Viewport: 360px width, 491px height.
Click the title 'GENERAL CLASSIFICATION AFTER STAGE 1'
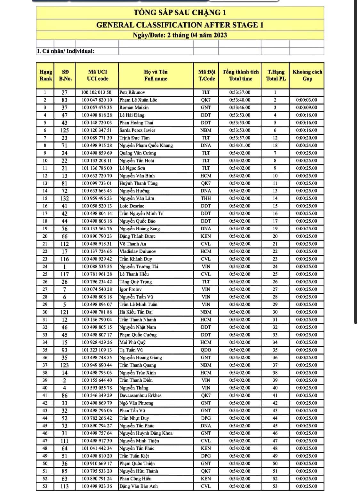(x=180, y=25)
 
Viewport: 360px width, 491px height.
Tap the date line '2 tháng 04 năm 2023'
(x=180, y=35)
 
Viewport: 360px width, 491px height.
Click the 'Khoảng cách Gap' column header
(x=307, y=75)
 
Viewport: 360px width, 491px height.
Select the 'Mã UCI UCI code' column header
(x=97, y=75)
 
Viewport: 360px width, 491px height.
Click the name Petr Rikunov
(x=132, y=92)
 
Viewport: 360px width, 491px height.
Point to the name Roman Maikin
(x=134, y=107)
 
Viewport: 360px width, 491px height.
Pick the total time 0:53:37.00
(x=240, y=92)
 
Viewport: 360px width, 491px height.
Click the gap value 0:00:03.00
(x=306, y=100)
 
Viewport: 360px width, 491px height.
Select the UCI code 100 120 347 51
(x=97, y=130)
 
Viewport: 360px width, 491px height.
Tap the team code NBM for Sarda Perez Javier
(x=206, y=130)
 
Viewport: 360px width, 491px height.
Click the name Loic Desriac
(x=132, y=206)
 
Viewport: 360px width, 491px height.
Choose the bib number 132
(x=64, y=198)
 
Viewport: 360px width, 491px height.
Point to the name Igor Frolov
(x=130, y=289)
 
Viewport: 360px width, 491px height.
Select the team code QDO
(x=206, y=350)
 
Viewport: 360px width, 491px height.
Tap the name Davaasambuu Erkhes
(x=140, y=395)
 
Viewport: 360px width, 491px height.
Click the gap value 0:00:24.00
(x=306, y=145)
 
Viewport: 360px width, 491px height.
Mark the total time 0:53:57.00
(x=240, y=138)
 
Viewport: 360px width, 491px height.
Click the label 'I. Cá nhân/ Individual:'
(x=66, y=51)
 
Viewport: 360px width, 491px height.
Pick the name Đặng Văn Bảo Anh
(x=138, y=486)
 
